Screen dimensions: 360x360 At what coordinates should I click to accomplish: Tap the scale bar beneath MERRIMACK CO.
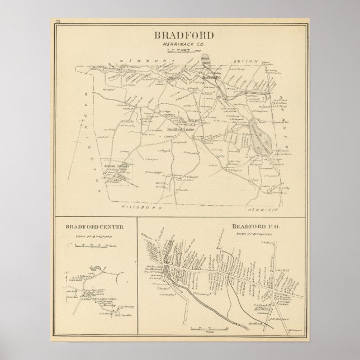coord(180,51)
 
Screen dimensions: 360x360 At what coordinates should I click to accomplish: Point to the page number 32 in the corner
coord(58,22)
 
